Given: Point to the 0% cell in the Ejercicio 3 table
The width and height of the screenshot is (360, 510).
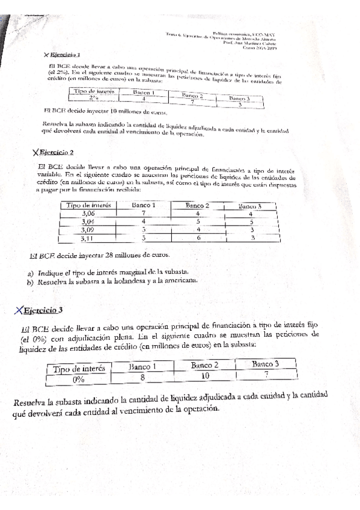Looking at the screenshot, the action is (x=78, y=379).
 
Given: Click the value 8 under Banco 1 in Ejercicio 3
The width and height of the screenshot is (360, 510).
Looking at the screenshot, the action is (x=142, y=377).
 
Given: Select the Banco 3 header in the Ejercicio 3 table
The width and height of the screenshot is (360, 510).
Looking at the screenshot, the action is (x=265, y=363).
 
